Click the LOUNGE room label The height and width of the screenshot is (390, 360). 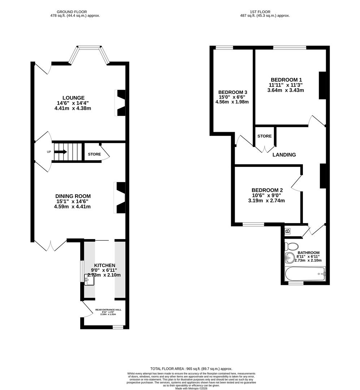click(73, 98)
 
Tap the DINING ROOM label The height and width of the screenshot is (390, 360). click(72, 196)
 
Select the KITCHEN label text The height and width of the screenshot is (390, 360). click(105, 265)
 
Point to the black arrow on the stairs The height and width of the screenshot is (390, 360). click(61, 152)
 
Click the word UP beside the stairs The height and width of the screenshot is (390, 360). click(49, 152)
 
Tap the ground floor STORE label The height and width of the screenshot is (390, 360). click(94, 154)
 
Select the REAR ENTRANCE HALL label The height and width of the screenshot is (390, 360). click(108, 310)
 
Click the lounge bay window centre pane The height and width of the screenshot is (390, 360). click(90, 47)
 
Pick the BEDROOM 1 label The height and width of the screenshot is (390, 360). click(286, 80)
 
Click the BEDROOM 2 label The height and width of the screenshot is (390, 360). click(267, 190)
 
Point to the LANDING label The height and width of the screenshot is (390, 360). click(284, 155)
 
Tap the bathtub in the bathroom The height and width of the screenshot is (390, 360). click(305, 274)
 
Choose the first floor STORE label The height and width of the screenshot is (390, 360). click(264, 136)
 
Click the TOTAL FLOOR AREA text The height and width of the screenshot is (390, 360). click(191, 369)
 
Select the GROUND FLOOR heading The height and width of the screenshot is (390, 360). click(74, 12)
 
